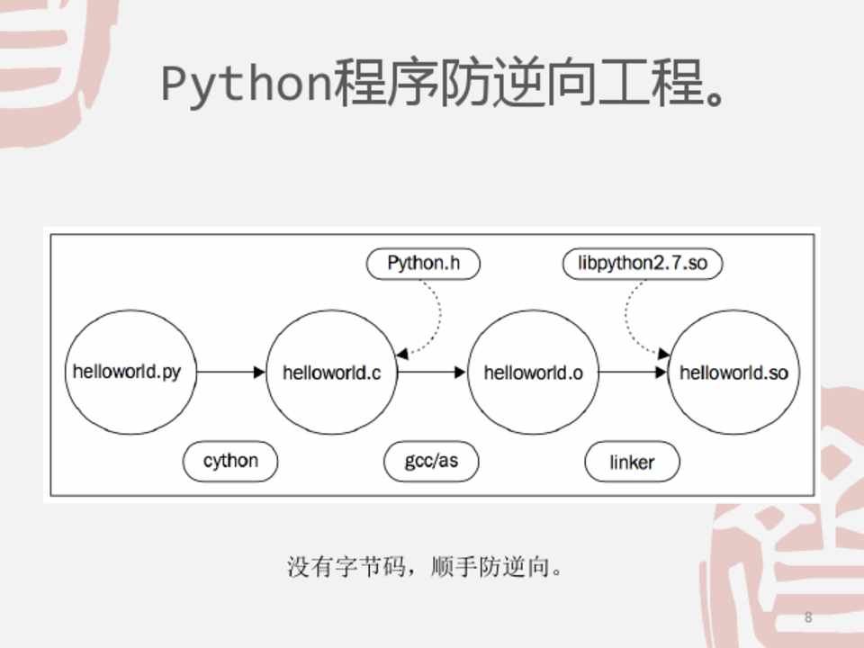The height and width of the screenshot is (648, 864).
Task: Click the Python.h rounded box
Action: point(423,263)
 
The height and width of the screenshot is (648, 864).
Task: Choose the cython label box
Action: point(230,462)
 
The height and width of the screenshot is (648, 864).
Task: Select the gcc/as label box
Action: point(432,462)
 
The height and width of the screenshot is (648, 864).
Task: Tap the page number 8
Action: point(807,617)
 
